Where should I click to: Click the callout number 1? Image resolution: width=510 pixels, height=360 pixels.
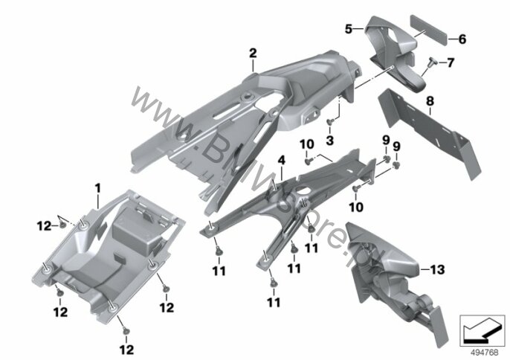(97, 188)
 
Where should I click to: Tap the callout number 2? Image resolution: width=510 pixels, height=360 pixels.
(253, 54)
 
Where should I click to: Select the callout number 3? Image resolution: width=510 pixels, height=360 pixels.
(329, 141)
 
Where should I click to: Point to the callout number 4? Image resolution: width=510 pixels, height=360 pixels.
(281, 160)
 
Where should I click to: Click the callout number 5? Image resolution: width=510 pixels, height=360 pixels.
(349, 29)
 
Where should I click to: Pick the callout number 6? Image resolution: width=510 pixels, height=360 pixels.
(462, 39)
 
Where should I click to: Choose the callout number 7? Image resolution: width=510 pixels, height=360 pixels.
(451, 62)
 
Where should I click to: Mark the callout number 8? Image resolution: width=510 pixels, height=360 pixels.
(430, 101)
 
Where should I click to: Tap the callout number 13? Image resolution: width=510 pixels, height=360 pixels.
(437, 270)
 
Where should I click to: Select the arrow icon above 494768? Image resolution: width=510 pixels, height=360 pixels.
(482, 330)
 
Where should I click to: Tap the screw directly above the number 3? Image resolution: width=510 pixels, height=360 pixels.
(329, 122)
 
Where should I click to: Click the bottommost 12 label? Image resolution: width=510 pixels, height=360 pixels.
(126, 350)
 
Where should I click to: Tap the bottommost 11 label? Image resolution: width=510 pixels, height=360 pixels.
(274, 303)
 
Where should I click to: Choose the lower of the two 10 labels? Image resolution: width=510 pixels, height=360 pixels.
(356, 207)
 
